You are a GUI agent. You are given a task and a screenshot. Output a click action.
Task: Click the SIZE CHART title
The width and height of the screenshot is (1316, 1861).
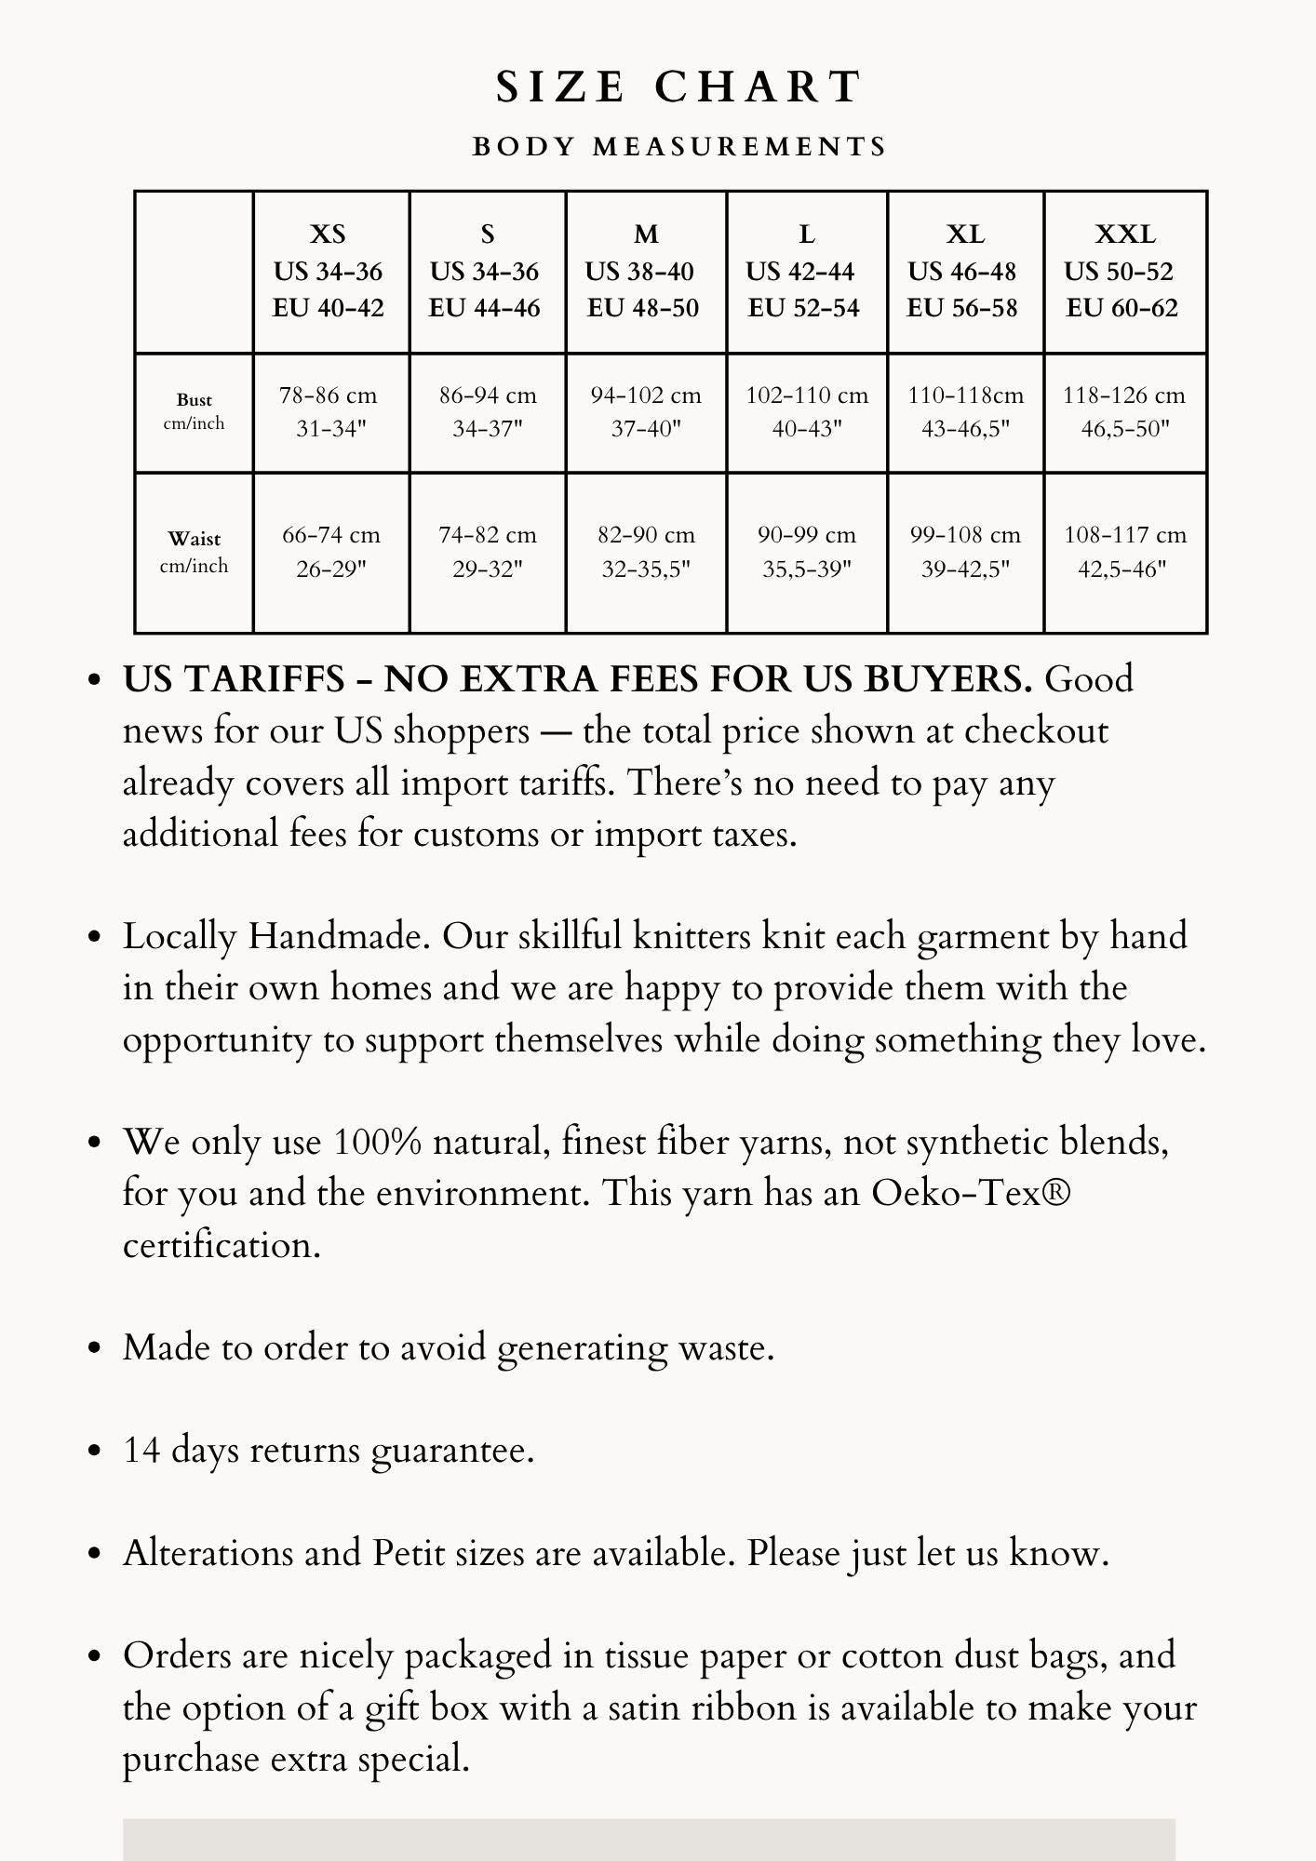click(x=678, y=87)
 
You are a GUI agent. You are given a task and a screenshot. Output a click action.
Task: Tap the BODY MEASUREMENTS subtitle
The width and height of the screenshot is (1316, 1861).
click(x=679, y=147)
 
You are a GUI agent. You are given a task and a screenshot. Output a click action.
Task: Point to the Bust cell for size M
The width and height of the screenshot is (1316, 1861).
click(x=646, y=411)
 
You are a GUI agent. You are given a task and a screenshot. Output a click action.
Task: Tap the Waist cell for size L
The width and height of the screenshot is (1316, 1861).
click(x=806, y=551)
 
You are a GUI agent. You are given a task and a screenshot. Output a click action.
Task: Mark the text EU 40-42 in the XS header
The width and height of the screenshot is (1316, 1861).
click(x=328, y=308)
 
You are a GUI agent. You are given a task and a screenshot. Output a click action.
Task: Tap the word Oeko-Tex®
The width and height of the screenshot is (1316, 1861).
click(x=971, y=1193)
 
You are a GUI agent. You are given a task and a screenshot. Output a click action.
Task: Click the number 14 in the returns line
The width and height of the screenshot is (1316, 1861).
click(x=141, y=1451)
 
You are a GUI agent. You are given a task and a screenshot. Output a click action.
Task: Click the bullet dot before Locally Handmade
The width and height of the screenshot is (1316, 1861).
click(x=93, y=937)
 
